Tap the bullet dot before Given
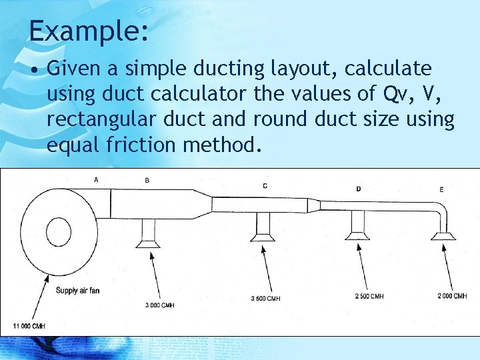pos(35,69)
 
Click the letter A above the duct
pos(97,179)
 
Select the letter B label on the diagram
pos(147,180)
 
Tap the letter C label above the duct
pos(265,185)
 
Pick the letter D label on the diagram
pos(359,189)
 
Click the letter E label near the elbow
pos(441,190)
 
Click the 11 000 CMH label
pos(29,325)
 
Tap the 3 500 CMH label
pos(265,298)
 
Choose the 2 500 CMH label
pos(368,296)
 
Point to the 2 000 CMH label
pos(452,296)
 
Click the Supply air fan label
pos(78,290)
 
